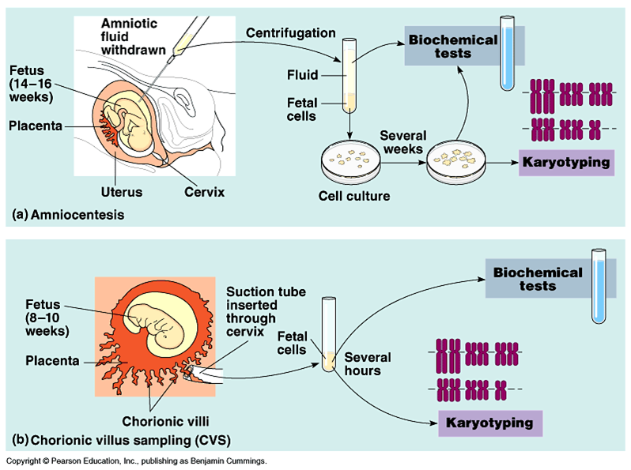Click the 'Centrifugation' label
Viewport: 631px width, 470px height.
tap(290, 33)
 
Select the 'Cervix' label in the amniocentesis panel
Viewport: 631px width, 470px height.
tap(205, 192)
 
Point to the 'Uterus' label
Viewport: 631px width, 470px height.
tap(121, 192)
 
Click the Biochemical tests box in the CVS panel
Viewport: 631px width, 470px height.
tap(538, 278)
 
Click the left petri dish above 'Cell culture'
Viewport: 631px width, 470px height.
tap(350, 162)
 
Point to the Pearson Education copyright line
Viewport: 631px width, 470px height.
tap(136, 461)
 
